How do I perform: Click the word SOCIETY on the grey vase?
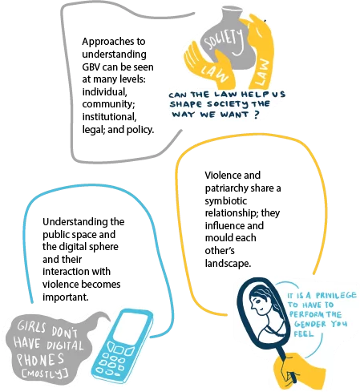point(224,41)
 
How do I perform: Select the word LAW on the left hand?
point(215,73)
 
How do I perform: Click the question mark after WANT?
point(257,115)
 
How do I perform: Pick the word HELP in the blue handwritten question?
point(254,95)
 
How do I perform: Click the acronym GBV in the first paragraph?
point(91,67)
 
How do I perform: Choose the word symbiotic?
point(226,201)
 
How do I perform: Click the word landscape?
point(228,264)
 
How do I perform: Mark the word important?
point(66,297)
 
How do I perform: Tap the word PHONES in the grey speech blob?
point(41,359)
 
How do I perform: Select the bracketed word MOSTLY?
point(45,374)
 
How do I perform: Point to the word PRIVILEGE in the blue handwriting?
point(336,295)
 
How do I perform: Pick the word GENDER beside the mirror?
point(310,324)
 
